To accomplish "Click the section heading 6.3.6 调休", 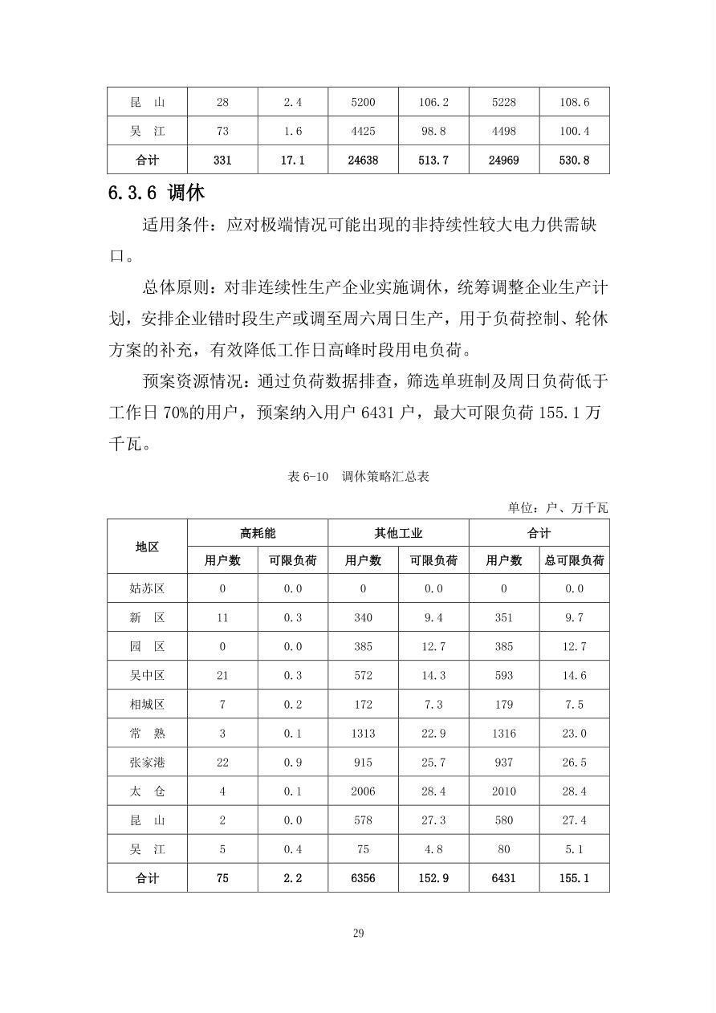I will click(157, 193).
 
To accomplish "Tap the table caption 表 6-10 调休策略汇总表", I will click(358, 476).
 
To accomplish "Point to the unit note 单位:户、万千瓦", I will click(557, 507).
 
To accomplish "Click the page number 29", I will click(358, 933).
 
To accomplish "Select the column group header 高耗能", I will click(258, 533).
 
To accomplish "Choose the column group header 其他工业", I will click(398, 533).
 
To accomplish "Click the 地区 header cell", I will click(147, 547).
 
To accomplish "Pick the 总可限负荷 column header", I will click(574, 560).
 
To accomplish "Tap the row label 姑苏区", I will click(147, 588).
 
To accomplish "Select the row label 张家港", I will click(147, 762).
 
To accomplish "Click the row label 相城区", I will click(147, 704).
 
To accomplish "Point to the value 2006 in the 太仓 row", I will click(363, 791).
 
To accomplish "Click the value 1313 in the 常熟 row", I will click(363, 733).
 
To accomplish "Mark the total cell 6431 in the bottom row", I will click(503, 878).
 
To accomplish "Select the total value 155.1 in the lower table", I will click(574, 878).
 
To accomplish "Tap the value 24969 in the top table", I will click(503, 160).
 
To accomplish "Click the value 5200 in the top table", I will click(363, 102).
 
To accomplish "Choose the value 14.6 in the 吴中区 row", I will click(574, 675).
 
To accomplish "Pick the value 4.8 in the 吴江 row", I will click(433, 848).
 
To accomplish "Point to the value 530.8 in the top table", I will click(574, 160).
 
